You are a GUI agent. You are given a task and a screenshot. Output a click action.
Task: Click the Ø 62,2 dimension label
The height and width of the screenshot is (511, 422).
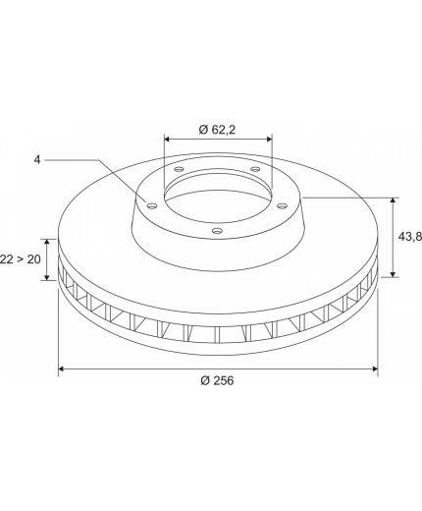[217, 130]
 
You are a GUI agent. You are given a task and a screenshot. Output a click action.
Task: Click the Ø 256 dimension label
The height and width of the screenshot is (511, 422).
[217, 380]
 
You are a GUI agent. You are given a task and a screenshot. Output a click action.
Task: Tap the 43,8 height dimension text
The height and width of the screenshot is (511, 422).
[410, 237]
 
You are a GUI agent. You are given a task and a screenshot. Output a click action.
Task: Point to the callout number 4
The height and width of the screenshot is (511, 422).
[37, 160]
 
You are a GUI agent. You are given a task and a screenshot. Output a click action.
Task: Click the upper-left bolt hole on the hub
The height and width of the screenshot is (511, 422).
[179, 169]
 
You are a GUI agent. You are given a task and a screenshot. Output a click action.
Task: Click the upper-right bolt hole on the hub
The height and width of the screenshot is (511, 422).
[255, 169]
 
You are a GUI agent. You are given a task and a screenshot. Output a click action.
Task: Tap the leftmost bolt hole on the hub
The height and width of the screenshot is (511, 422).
[152, 206]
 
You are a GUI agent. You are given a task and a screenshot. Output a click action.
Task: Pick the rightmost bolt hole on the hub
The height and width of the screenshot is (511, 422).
[282, 206]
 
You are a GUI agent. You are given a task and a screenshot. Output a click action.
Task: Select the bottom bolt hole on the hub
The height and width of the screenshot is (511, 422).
[217, 231]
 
